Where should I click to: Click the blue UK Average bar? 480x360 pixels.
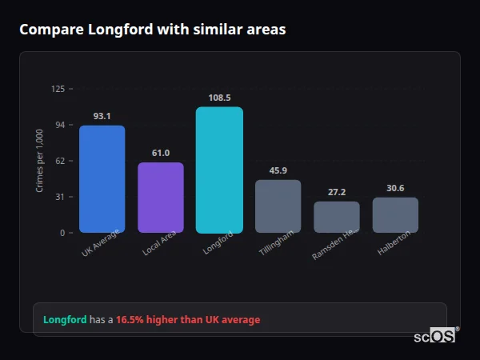click(102, 179)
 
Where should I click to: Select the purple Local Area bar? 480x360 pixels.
click(161, 198)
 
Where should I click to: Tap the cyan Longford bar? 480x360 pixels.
click(219, 170)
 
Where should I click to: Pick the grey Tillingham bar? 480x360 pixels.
click(278, 206)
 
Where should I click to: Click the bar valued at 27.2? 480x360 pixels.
click(337, 217)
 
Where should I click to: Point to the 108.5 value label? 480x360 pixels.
click(219, 98)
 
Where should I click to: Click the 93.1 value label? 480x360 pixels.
click(102, 116)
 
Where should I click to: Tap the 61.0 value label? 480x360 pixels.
click(161, 153)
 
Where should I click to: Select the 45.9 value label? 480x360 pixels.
click(278, 170)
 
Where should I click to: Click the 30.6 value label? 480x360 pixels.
click(395, 188)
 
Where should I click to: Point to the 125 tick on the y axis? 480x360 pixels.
click(58, 89)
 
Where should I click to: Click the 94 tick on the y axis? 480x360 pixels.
click(59, 125)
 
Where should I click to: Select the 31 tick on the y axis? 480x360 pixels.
click(59, 197)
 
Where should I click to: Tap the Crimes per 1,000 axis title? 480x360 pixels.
click(39, 161)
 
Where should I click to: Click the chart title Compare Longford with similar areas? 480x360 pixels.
click(152, 30)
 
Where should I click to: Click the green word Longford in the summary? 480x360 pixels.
click(65, 320)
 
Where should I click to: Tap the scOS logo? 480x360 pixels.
click(434, 336)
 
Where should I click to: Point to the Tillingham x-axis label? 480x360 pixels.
click(277, 242)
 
